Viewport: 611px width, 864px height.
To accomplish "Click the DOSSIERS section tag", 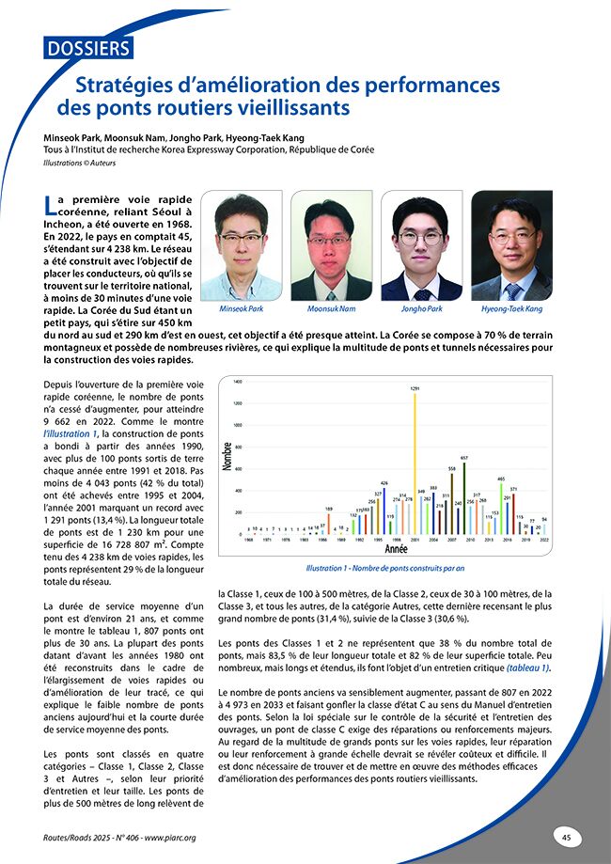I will pos(87,48).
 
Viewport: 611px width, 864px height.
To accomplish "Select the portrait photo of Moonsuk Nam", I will pos(331,245).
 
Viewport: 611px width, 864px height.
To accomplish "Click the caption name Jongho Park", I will pos(420,308).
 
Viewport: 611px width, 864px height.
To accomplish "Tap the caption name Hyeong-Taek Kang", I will pos(512,308).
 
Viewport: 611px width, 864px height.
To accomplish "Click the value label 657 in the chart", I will pos(463,456).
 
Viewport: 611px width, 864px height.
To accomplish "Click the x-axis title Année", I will pos(396,548).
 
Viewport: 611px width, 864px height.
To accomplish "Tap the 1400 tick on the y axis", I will pos(237,383).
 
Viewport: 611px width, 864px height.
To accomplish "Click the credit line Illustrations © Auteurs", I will pos(76,163).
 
